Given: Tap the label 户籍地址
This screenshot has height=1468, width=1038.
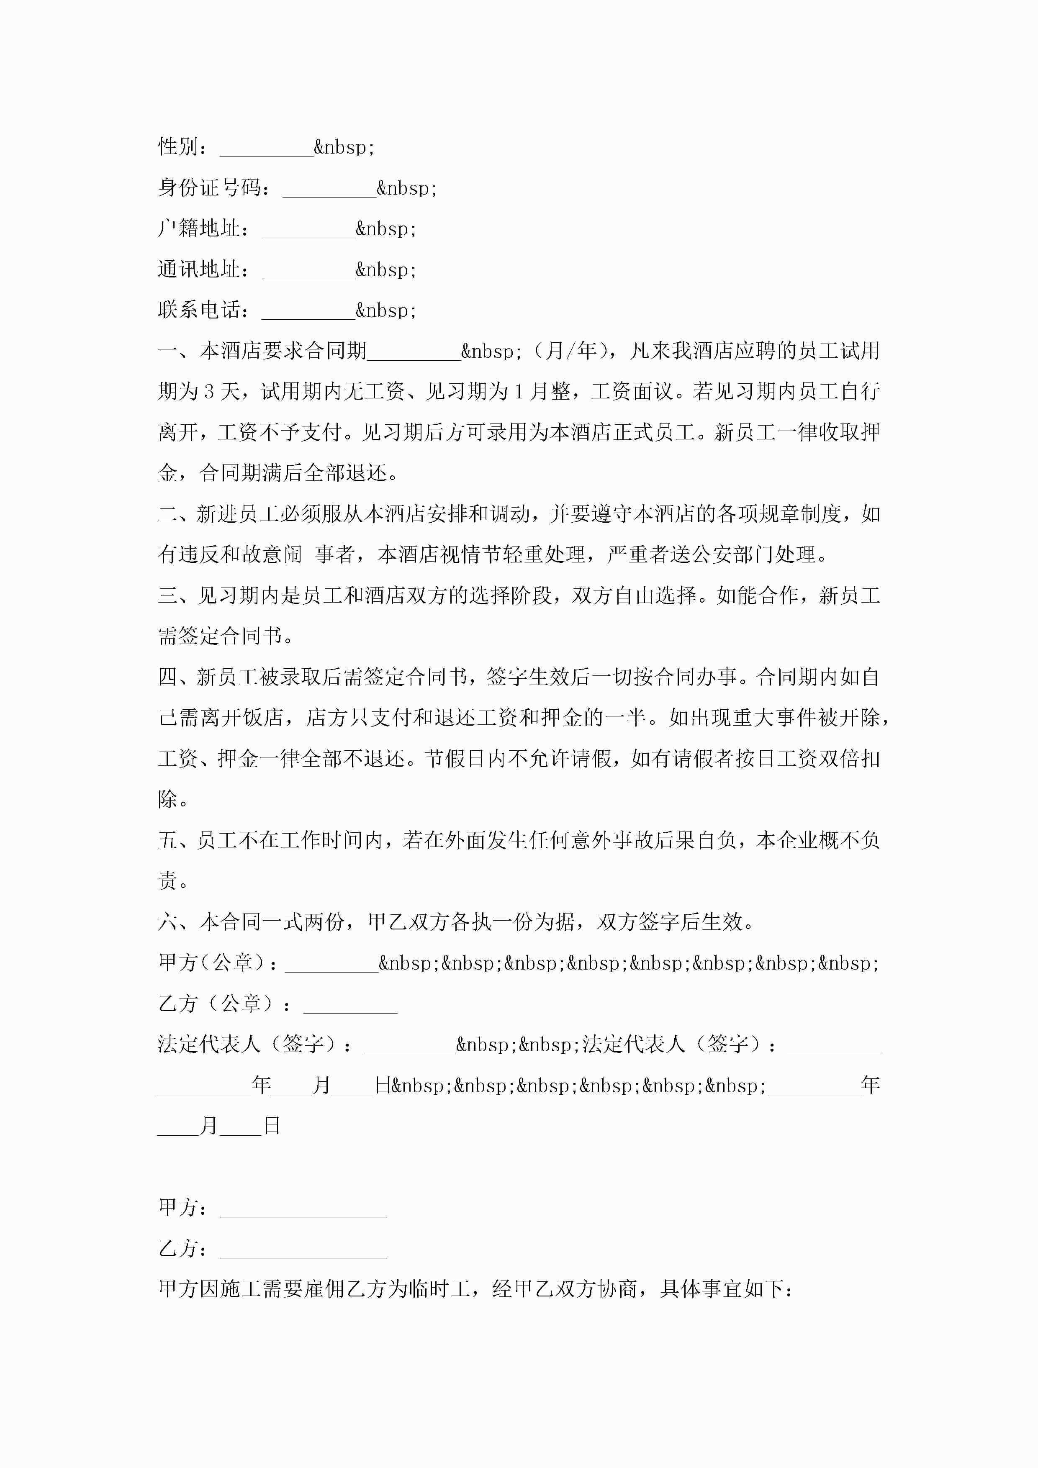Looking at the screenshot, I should click(x=200, y=229).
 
